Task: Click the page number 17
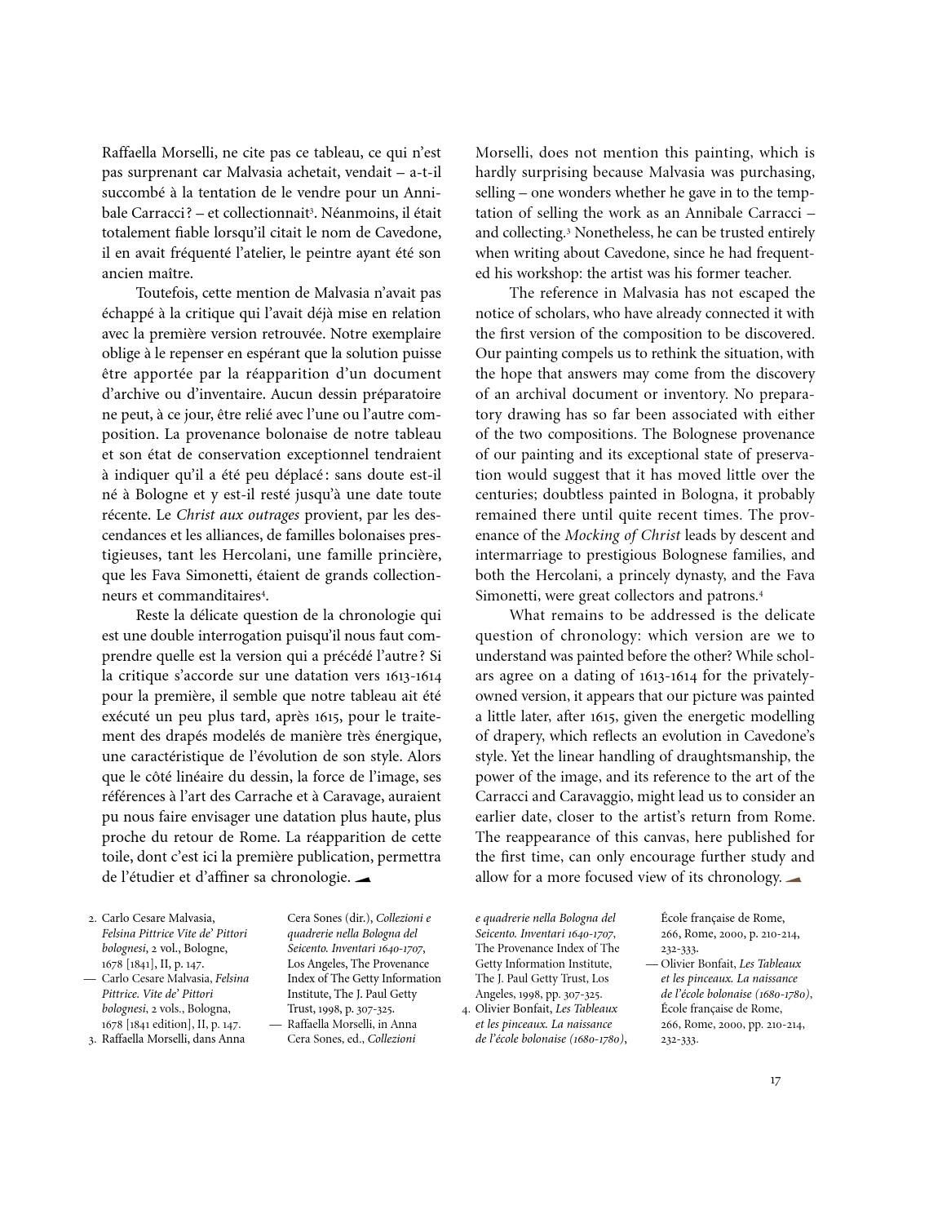click(775, 1080)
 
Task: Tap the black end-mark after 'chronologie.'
click(363, 878)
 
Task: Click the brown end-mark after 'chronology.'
click(793, 878)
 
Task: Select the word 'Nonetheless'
click(611, 233)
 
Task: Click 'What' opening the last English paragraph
click(527, 615)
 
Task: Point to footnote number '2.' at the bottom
click(92, 919)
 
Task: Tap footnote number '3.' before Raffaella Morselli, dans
click(92, 1039)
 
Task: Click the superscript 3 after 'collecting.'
click(568, 231)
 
